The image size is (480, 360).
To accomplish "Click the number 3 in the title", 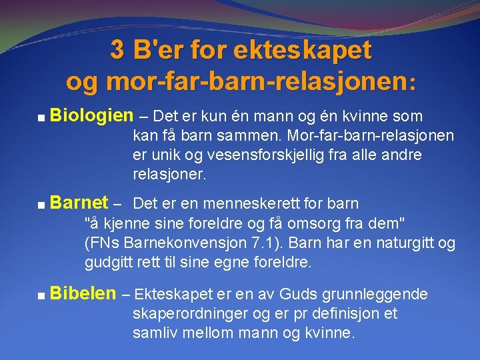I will click(x=117, y=50).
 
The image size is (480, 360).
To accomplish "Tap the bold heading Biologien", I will click(x=91, y=115).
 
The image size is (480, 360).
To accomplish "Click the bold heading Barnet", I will click(x=79, y=202).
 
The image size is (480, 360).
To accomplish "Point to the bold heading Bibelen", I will click(x=83, y=293).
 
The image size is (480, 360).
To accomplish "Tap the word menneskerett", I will click(x=262, y=203).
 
